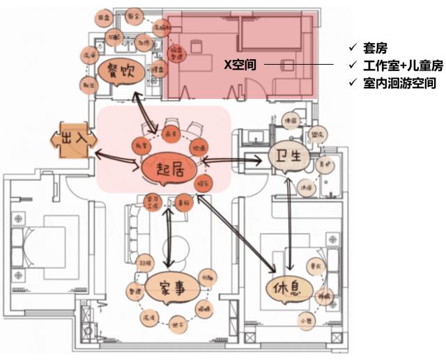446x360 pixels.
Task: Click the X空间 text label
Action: click(240, 65)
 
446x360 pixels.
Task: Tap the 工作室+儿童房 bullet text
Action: click(397, 66)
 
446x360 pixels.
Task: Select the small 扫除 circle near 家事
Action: click(145, 264)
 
